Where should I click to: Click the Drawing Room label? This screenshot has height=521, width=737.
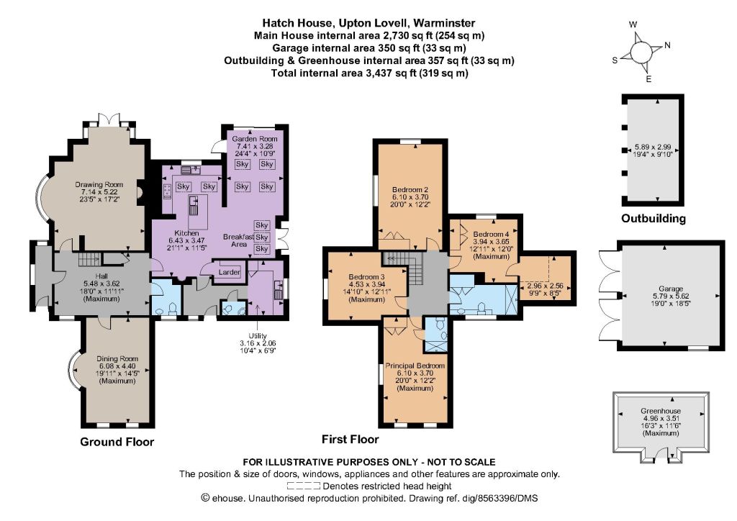[x=99, y=185]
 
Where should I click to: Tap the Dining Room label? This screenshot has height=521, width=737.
[x=117, y=359]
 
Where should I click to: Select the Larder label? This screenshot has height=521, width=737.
[x=230, y=272]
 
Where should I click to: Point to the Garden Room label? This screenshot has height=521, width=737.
[x=254, y=139]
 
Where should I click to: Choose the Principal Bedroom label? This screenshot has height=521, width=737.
[x=415, y=366]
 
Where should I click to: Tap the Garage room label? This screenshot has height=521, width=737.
[x=671, y=289]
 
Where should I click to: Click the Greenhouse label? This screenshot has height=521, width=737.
[x=661, y=411]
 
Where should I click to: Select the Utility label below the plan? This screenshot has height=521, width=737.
[x=258, y=336]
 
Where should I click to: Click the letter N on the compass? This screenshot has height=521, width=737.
[x=667, y=45]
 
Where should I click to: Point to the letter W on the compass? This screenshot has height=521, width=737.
[x=633, y=24]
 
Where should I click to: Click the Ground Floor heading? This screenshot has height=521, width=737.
[x=117, y=442]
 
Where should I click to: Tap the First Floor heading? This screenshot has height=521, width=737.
[x=351, y=440]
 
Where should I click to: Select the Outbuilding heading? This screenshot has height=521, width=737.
[x=654, y=219]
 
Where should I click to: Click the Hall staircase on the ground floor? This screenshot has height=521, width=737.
[x=89, y=259]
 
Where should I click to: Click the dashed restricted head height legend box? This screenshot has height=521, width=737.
[x=304, y=486]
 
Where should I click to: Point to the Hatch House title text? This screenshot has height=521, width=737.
[x=368, y=23]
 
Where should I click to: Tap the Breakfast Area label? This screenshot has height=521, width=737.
[x=239, y=240]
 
